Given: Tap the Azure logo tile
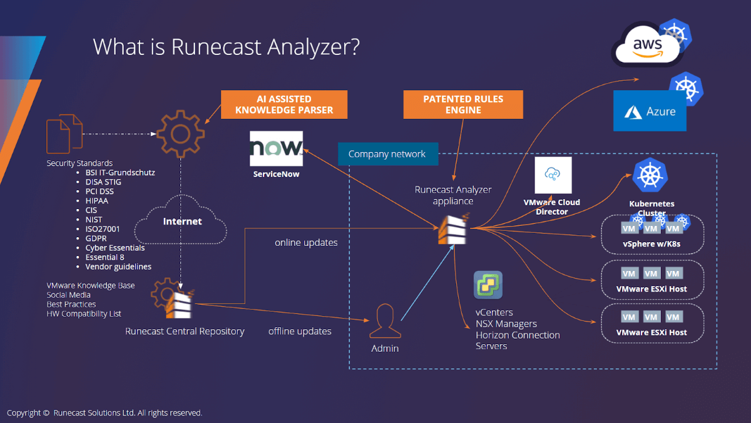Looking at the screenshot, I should [x=650, y=111].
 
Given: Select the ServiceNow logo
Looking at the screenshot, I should [x=276, y=148].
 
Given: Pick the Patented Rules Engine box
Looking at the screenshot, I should [x=463, y=104].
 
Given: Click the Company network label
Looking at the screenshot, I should [x=387, y=154].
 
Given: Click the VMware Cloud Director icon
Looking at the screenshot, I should [x=553, y=176].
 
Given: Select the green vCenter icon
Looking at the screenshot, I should [x=488, y=285].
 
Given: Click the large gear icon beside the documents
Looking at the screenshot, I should [x=180, y=133].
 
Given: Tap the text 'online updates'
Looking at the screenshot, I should [x=306, y=243].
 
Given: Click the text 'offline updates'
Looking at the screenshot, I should [x=300, y=331].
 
